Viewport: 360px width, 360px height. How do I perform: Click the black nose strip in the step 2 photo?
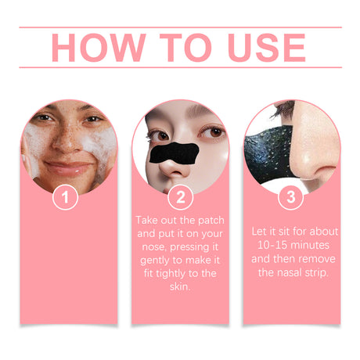(171, 153)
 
